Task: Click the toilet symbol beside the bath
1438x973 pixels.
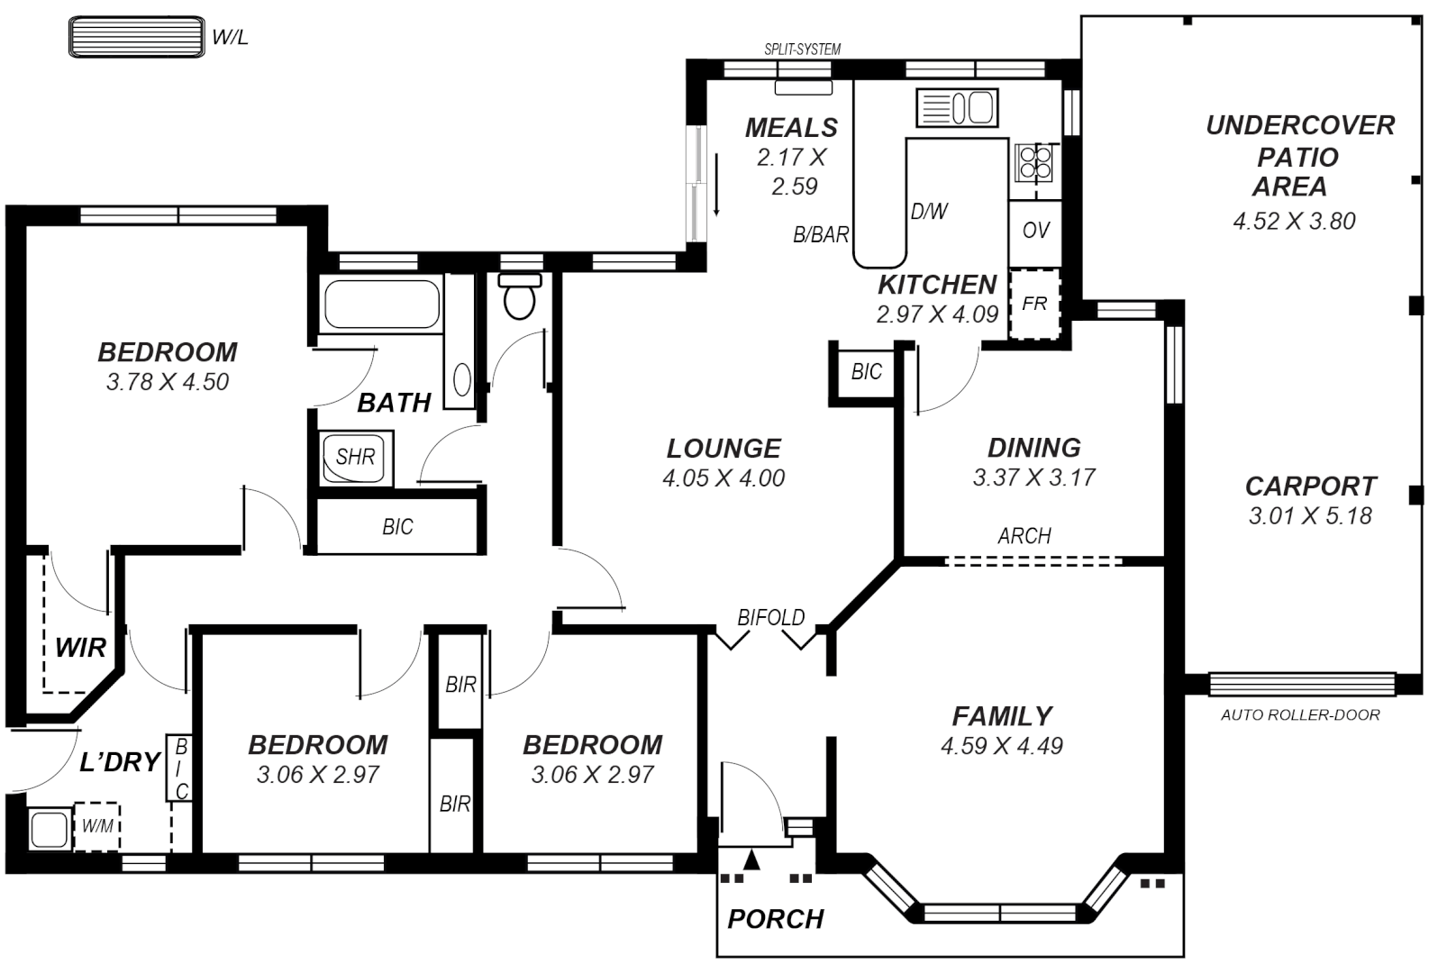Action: coord(520,298)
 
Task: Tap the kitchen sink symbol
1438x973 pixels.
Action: coord(957,108)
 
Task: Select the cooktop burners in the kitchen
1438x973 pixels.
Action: coord(1033,162)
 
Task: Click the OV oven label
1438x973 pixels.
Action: coord(1036,231)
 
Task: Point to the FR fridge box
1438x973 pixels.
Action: coord(1034,304)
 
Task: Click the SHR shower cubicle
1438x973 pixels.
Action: coord(355,458)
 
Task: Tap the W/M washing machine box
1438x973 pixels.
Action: coord(96,825)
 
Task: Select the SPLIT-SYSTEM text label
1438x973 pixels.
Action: coord(802,50)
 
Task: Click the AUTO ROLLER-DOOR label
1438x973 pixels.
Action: coord(1299,715)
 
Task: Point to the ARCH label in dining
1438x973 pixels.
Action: coord(1024,536)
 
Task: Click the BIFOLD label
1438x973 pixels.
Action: coord(770,618)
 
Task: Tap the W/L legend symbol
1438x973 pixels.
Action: coord(135,37)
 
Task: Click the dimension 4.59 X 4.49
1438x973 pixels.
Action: coord(1001,746)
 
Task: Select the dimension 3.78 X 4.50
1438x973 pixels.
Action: coord(168,382)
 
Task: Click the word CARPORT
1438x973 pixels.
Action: coord(1310,486)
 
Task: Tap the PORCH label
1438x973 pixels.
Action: coord(776,919)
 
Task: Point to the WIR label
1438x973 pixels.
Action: coord(80,647)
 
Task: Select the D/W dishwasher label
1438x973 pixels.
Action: coord(929,212)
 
